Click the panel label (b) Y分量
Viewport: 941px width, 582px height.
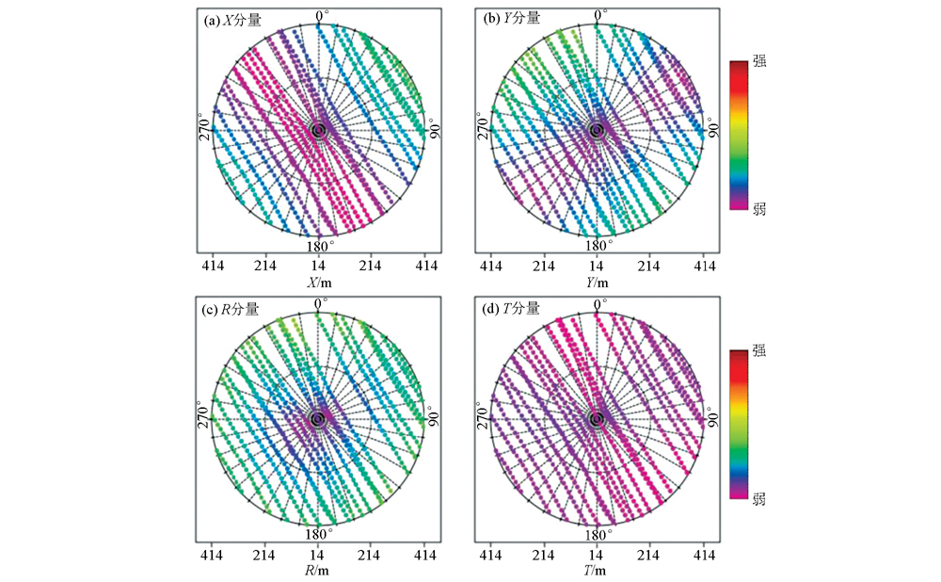[510, 19]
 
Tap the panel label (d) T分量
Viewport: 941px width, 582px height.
[510, 308]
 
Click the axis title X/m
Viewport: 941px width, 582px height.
[318, 283]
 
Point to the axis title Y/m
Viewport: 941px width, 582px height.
[596, 283]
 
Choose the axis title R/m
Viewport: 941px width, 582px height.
[318, 571]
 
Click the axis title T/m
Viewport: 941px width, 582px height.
[596, 571]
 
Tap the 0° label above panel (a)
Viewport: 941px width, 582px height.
[322, 16]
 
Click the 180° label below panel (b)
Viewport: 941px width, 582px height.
[596, 247]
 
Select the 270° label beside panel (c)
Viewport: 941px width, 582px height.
[204, 417]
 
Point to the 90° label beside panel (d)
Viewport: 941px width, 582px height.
[712, 417]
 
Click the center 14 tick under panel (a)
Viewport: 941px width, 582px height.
[318, 267]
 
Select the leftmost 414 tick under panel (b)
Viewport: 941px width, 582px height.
[492, 267]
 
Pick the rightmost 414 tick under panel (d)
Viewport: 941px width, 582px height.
[704, 556]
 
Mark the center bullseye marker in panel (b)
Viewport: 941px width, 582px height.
[596, 130]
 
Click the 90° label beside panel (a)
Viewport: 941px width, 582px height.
[435, 129]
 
